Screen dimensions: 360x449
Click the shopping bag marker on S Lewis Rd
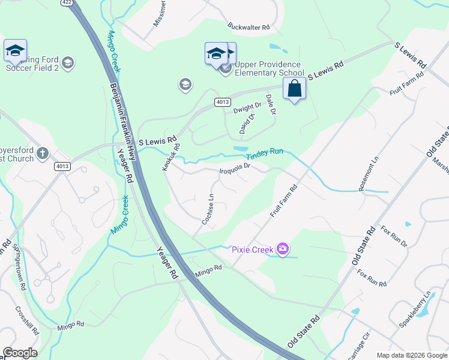[x=294, y=89]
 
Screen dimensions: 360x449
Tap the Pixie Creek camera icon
[x=283, y=248]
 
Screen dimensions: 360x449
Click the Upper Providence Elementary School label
[x=270, y=69]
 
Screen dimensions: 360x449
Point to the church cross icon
[x=42, y=153]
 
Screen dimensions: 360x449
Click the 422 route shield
[x=67, y=2]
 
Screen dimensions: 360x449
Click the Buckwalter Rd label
[x=249, y=27]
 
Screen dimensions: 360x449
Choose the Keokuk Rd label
[x=171, y=157]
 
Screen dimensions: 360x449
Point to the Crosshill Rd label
[x=28, y=322]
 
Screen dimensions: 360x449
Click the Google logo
[x=20, y=353]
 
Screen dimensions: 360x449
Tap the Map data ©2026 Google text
[x=411, y=355]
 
